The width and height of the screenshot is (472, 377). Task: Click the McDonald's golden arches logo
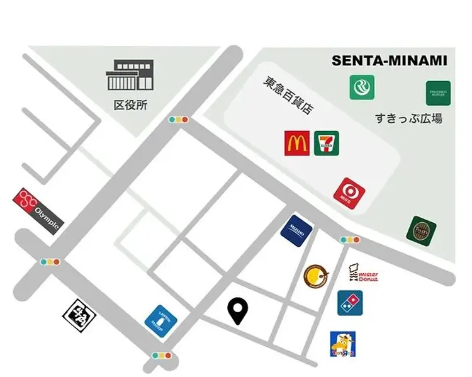pyautogui.click(x=296, y=143)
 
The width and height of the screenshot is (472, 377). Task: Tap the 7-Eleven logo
pyautogui.click(x=327, y=143)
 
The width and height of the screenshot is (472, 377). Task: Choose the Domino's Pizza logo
pyautogui.click(x=350, y=303)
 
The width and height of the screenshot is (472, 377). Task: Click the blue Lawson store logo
pyautogui.click(x=161, y=320)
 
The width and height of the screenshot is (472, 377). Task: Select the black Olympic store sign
pyautogui.click(x=39, y=211)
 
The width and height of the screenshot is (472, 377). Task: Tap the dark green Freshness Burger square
pyautogui.click(x=438, y=93)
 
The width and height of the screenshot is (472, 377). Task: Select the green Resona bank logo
pyautogui.click(x=362, y=87)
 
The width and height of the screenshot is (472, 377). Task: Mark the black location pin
pyautogui.click(x=237, y=311)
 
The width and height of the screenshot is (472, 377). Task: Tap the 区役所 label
pyautogui.click(x=130, y=105)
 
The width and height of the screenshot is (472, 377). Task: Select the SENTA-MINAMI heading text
pyautogui.click(x=390, y=61)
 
